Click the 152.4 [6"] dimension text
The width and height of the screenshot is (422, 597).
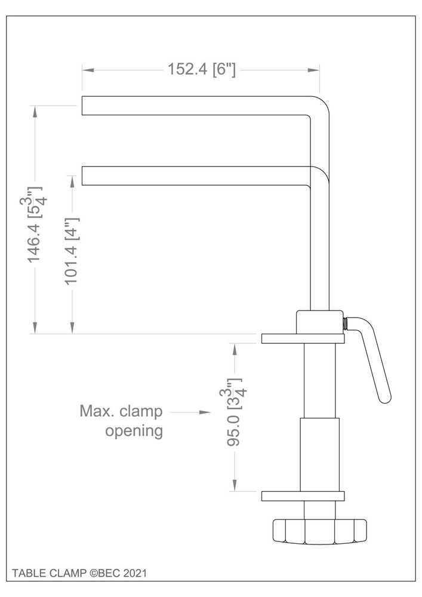[202, 70]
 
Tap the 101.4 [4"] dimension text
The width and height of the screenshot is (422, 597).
[72, 251]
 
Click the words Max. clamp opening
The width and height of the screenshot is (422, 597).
[122, 421]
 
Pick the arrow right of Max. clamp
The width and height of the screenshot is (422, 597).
[191, 412]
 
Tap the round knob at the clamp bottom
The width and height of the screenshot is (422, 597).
[319, 531]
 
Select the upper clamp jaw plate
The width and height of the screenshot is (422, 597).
[303, 339]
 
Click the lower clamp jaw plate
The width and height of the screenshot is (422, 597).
[303, 496]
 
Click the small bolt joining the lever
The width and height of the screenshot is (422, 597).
[346, 323]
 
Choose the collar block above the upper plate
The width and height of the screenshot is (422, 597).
[319, 322]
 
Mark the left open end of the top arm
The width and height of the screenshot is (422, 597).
[83, 105]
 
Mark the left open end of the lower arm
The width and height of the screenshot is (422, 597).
[83, 176]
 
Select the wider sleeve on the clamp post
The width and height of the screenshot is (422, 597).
[319, 454]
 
